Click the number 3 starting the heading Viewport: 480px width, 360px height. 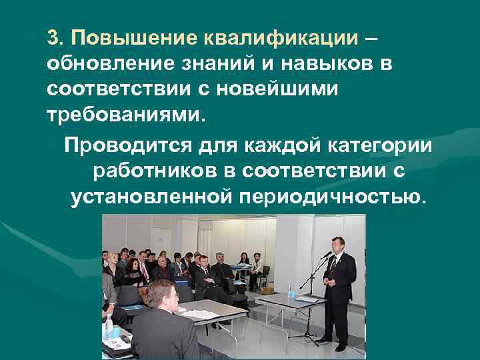[53, 37]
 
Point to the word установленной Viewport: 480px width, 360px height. [151, 197]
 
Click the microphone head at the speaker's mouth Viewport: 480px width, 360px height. [327, 254]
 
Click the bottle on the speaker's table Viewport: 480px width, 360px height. [289, 291]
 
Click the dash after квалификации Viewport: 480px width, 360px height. [370, 38]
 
